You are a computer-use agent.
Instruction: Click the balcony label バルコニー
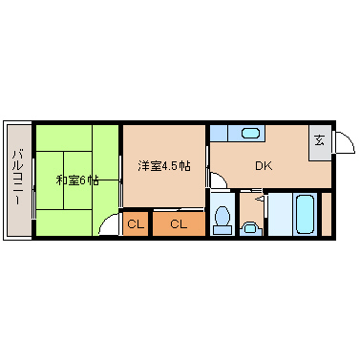pos(17,180)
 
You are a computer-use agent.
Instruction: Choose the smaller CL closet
pos(135,224)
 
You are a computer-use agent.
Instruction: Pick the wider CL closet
pos(178,224)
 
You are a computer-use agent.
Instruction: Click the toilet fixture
pos(222,217)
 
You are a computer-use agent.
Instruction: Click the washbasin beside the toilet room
pos(251,227)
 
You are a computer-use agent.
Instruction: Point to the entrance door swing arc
pos(344,142)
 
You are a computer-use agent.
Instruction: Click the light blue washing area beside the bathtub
pos(278,214)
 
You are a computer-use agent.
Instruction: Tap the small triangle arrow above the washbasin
pos(256,200)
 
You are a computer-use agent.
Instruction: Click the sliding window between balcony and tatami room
pos(33,180)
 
